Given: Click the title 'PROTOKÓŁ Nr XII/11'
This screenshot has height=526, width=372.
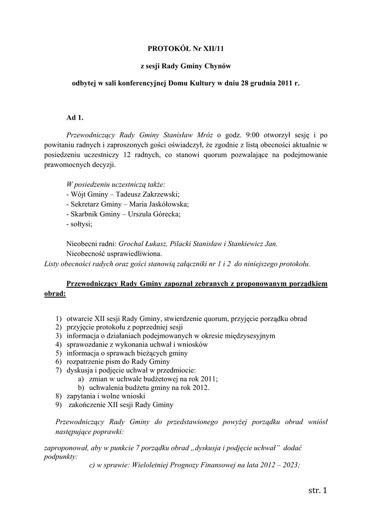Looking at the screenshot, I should pyautogui.click(x=186, y=49).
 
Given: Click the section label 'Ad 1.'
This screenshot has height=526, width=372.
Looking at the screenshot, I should pyautogui.click(x=75, y=118).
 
